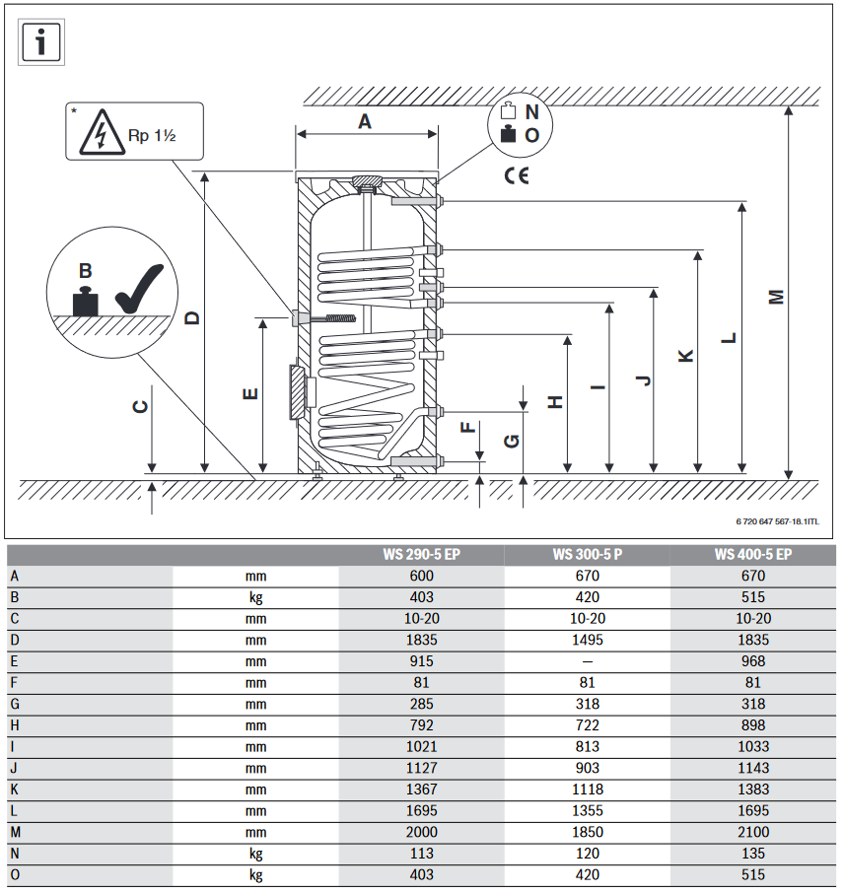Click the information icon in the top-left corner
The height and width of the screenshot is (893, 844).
click(41, 41)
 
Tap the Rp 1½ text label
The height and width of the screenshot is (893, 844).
click(152, 134)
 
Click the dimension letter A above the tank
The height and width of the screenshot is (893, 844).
click(365, 121)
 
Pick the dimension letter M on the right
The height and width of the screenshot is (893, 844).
click(776, 296)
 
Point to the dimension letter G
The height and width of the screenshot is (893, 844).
click(511, 441)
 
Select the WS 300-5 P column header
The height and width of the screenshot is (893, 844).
click(587, 555)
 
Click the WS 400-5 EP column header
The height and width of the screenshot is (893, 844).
click(753, 555)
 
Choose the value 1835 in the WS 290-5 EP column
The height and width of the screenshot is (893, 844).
click(421, 640)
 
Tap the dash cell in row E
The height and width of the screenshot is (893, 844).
click(587, 661)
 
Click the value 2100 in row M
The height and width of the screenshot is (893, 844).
click(753, 832)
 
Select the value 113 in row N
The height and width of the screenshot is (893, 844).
click(421, 854)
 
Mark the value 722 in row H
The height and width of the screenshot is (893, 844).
click(587, 725)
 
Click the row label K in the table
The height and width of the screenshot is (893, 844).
click(14, 790)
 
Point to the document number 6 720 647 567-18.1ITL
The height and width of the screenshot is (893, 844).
click(777, 521)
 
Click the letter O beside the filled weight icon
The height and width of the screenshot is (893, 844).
click(532, 136)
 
